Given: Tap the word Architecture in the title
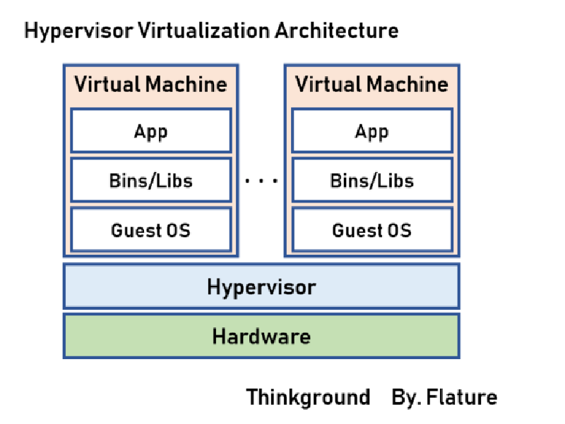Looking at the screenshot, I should [x=337, y=31].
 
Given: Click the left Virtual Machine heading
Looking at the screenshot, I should [x=151, y=85].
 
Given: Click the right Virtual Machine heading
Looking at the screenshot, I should [x=371, y=85].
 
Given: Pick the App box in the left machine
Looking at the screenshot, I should [x=151, y=131].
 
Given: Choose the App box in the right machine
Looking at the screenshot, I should [x=371, y=131].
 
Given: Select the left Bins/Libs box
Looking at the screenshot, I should [x=151, y=181].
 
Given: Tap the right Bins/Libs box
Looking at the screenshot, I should [x=371, y=181].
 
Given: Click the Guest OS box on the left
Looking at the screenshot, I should [x=151, y=230].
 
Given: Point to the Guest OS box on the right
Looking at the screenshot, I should [x=371, y=230].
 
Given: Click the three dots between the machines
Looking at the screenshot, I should [x=261, y=181].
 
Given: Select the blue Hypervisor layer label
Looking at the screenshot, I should [x=261, y=287].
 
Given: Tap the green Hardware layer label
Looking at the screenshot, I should [x=261, y=336].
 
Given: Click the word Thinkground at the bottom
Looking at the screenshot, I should [x=308, y=397].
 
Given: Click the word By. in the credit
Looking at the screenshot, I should [x=406, y=397].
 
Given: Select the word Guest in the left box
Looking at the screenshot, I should [x=132, y=230].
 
